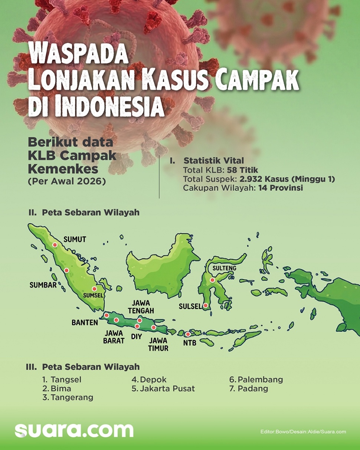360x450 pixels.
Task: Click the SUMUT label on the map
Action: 75,240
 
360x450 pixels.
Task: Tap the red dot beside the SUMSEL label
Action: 94,289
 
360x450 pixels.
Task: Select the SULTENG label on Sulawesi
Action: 222,268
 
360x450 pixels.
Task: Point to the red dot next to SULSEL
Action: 205,306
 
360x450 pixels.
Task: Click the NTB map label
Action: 190,343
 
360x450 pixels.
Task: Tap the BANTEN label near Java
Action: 85,323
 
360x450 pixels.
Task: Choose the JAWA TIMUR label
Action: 158,344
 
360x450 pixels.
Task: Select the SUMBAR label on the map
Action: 43,285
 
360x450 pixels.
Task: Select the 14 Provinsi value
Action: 281,188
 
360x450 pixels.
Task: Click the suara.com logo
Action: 74,430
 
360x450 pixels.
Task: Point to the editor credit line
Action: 303,432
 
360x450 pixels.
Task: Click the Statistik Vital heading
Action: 214,161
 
